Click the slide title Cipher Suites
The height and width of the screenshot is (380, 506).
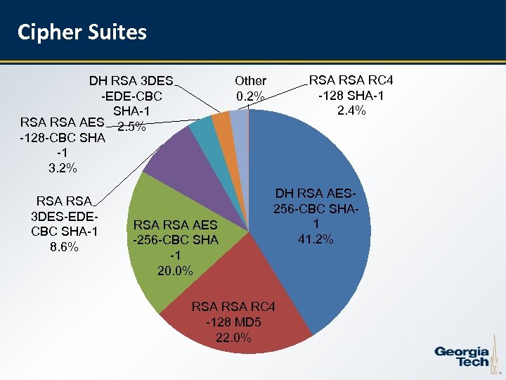[82, 32]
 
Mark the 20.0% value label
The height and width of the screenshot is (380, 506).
[176, 271]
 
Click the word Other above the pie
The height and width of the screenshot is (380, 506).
[250, 82]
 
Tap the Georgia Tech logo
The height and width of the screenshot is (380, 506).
[461, 356]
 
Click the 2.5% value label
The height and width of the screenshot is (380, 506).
[131, 127]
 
